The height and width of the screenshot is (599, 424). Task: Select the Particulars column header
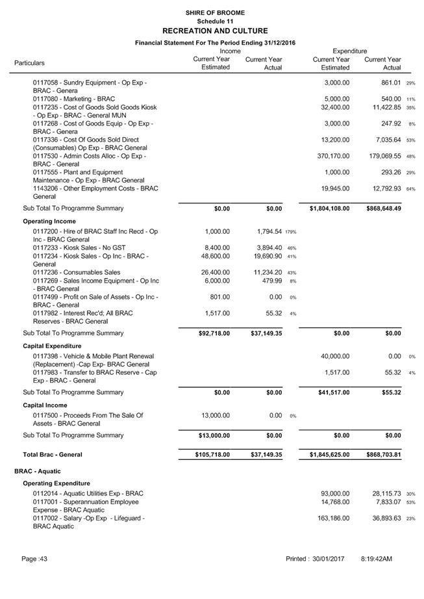pos(30,63)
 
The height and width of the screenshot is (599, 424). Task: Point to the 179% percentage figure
pos(292,231)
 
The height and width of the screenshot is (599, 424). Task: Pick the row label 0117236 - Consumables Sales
pos(77,272)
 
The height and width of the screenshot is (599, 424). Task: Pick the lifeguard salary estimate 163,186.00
pos(335,518)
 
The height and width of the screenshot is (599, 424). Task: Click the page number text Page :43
pos(34,559)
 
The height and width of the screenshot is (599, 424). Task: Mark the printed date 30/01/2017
pos(328,559)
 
